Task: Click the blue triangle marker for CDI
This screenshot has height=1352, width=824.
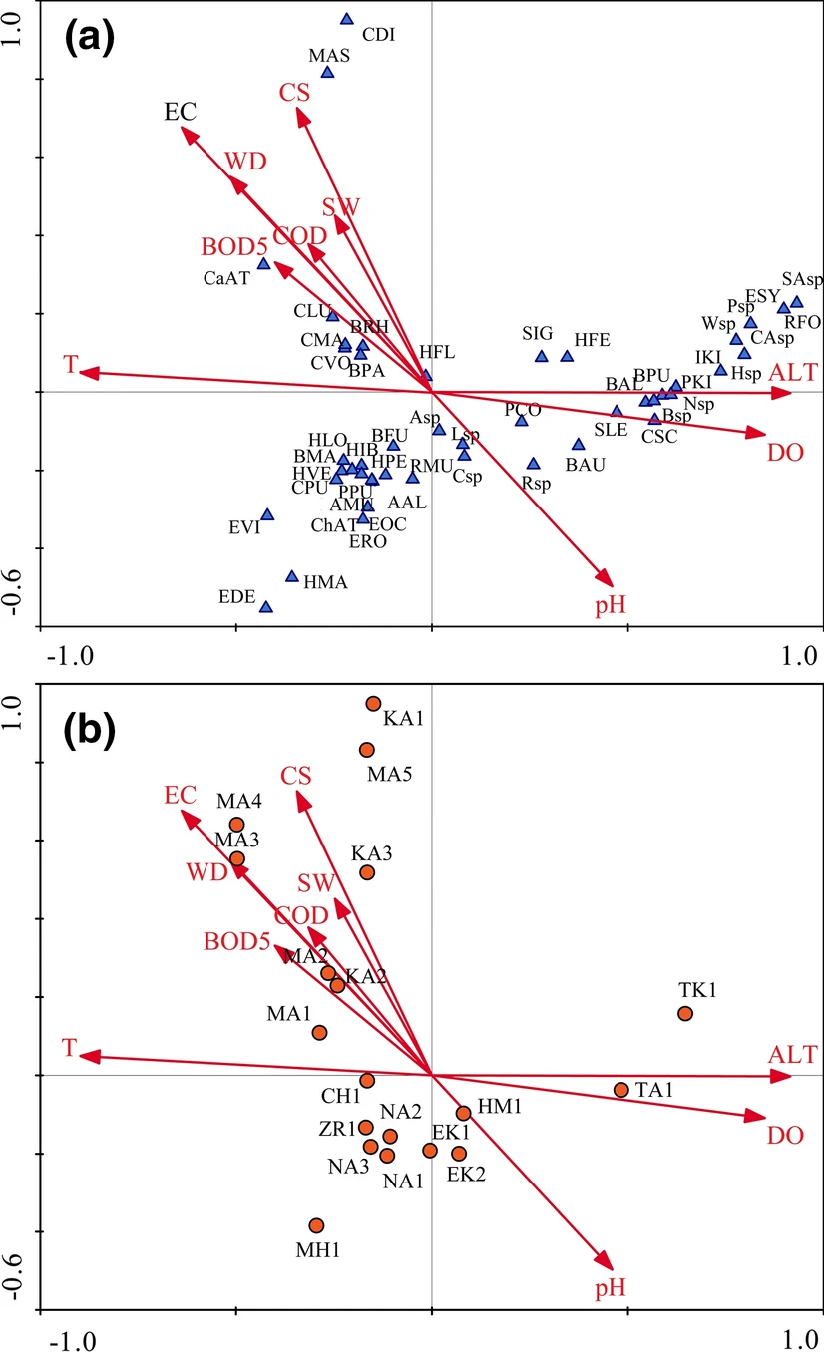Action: click(x=347, y=19)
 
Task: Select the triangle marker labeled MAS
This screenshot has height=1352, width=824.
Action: click(x=327, y=72)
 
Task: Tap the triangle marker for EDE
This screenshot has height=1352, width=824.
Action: click(x=266, y=607)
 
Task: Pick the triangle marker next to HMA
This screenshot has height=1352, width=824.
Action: click(x=292, y=576)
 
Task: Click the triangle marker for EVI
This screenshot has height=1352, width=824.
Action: click(x=267, y=514)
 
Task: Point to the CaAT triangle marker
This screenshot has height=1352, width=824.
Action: click(x=264, y=264)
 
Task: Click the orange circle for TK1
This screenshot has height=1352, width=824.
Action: click(x=685, y=1013)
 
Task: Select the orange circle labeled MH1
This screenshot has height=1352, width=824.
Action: click(x=316, y=1225)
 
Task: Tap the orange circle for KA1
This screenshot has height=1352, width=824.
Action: click(x=373, y=703)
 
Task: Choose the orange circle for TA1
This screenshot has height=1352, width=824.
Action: click(x=621, y=1090)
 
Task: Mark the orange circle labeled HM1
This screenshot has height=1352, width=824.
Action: click(x=463, y=1113)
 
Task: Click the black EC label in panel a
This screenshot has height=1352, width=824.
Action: click(x=180, y=113)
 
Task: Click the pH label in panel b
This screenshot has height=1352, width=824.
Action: click(x=610, y=1289)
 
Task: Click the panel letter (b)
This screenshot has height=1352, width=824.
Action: click(x=90, y=731)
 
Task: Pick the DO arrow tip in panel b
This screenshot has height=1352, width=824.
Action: click(x=763, y=1119)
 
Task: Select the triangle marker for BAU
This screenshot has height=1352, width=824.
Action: click(x=579, y=445)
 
